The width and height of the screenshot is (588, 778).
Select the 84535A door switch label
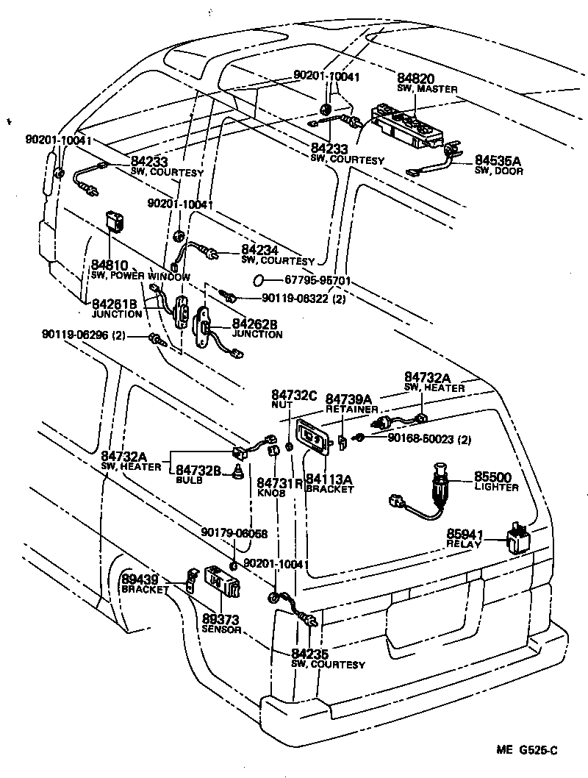pyautogui.click(x=498, y=163)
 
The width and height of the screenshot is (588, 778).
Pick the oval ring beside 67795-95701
pyautogui.click(x=257, y=280)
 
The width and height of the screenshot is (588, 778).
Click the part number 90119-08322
pyautogui.click(x=298, y=299)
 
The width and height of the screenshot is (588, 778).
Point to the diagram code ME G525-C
pyautogui.click(x=527, y=749)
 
